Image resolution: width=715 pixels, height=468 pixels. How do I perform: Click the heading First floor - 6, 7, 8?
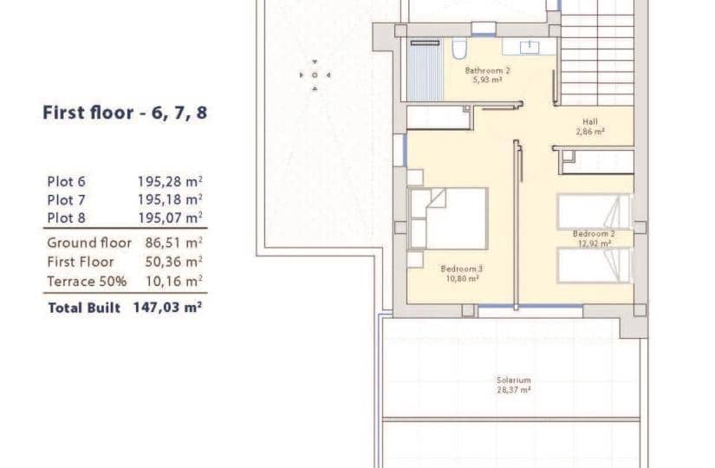(125, 113)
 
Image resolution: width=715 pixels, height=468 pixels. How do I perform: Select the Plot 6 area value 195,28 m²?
(170, 181)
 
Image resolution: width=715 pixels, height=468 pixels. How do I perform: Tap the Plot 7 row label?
(66, 200)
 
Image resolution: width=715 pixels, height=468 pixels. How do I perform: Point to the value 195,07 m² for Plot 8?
(170, 218)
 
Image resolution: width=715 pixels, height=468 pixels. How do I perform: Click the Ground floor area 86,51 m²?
(173, 243)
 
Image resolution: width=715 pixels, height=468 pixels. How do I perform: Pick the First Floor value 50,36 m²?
(173, 262)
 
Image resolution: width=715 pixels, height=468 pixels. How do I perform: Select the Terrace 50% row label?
(87, 282)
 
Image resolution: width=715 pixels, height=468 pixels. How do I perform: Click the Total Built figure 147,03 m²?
(167, 308)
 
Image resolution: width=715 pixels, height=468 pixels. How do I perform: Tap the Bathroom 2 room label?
(487, 70)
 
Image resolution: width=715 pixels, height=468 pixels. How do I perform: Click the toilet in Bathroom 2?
(459, 49)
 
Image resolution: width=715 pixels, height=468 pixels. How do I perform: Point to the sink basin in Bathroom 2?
(530, 47)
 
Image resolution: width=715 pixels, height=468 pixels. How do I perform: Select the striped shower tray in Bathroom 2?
(425, 71)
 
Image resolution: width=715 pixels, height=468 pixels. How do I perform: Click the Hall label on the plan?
(590, 122)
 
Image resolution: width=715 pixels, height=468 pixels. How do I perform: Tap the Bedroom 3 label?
(461, 269)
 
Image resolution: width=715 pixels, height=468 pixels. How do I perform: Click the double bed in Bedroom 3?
(448, 218)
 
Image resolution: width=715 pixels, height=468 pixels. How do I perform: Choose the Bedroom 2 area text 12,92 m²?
(595, 244)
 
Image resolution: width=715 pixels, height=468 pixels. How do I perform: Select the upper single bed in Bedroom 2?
(594, 211)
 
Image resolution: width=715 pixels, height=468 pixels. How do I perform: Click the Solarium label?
(513, 380)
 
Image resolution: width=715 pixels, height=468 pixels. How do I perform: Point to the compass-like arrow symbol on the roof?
(315, 75)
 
